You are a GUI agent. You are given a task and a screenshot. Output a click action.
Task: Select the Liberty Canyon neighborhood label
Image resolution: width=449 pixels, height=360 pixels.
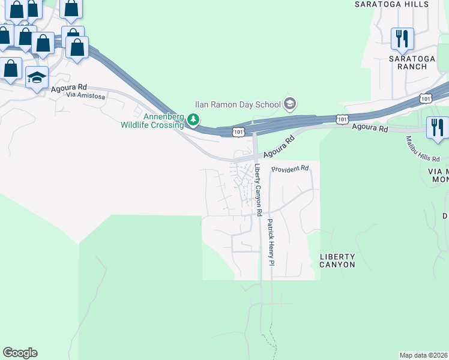click(337, 260)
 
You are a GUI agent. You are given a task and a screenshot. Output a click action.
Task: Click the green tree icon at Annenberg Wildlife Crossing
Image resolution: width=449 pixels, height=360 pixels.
click(193, 120)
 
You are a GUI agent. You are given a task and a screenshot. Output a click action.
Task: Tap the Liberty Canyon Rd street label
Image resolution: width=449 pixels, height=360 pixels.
click(258, 190)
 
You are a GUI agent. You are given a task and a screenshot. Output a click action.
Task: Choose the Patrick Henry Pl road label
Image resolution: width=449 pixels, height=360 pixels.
click(271, 242)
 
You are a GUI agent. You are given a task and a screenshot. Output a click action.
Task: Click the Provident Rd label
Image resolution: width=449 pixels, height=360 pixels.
click(289, 169)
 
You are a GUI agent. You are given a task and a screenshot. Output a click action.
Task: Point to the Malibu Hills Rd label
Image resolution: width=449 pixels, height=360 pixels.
click(423, 150)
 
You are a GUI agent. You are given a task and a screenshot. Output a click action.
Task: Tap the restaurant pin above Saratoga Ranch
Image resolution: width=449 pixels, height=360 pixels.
click(402, 38)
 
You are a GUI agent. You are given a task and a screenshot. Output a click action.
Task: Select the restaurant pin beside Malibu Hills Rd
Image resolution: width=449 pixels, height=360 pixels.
click(437, 127)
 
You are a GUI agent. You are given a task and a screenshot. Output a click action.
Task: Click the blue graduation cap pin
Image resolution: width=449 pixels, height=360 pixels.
click(37, 78)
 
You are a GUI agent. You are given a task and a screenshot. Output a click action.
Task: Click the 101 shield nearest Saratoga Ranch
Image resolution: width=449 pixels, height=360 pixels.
click(426, 98)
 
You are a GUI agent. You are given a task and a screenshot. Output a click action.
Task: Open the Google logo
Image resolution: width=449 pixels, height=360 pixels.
click(20, 353)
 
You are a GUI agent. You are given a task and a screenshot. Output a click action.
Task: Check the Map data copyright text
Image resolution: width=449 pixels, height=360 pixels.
click(424, 355)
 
